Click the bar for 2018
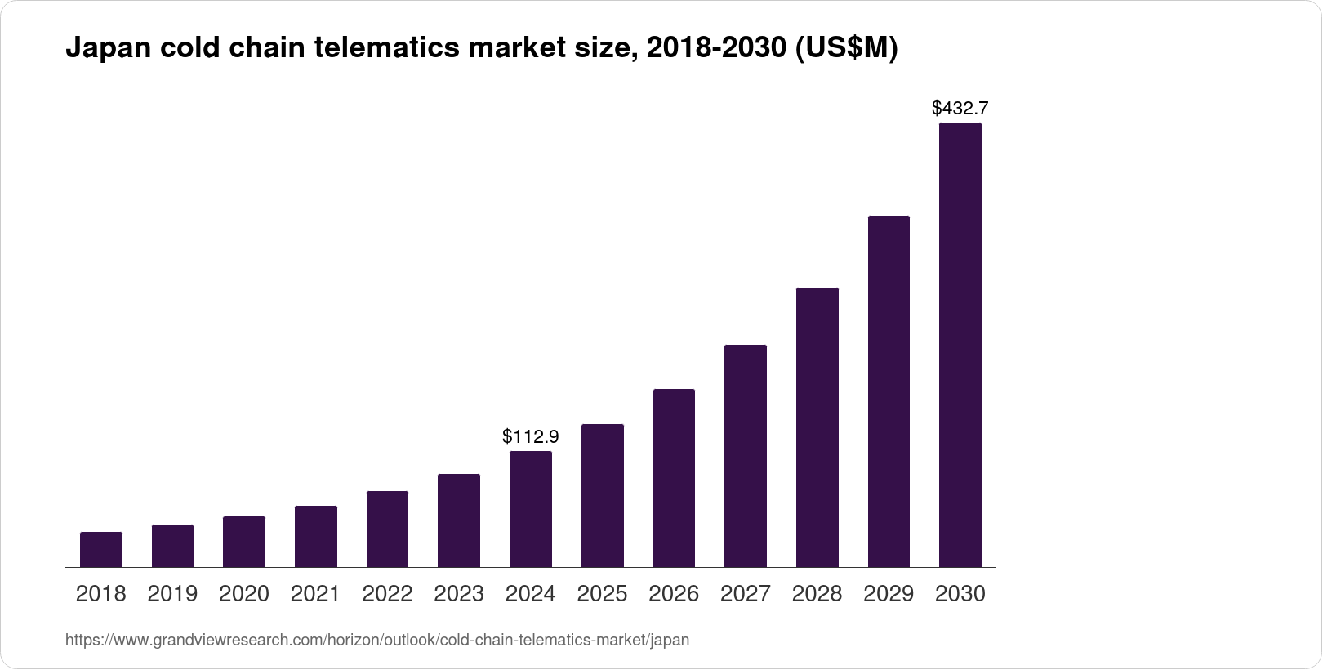(x=101, y=550)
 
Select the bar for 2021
(x=316, y=537)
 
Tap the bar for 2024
(x=531, y=509)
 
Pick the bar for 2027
(x=745, y=456)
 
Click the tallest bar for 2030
(x=960, y=345)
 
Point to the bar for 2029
(x=889, y=391)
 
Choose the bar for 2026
(x=674, y=478)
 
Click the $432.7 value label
(x=960, y=108)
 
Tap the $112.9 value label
(x=531, y=436)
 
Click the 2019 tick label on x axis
(x=172, y=594)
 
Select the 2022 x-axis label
(x=387, y=594)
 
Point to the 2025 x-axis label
(x=602, y=594)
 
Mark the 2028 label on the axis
(x=817, y=594)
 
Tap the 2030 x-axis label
(x=960, y=594)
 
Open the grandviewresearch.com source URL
(x=377, y=641)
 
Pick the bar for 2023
(x=459, y=520)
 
